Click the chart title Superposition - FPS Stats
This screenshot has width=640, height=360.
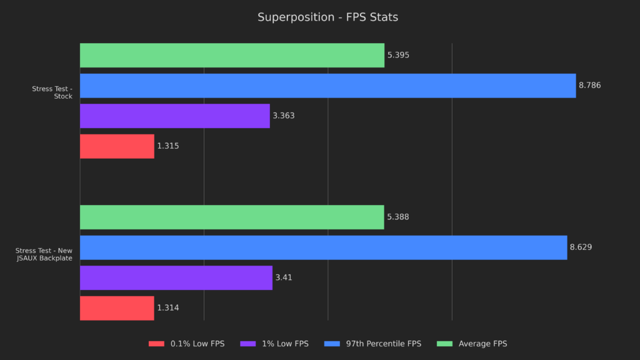[327, 17]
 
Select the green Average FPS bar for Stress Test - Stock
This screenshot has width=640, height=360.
[232, 55]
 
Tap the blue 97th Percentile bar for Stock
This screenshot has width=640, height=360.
[327, 86]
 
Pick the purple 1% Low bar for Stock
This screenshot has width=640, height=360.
[174, 116]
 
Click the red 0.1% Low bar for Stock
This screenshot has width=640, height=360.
[117, 146]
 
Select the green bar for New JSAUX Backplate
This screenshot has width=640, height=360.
[232, 217]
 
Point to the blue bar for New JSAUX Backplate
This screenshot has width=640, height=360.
[323, 247]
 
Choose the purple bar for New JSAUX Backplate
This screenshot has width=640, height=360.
[176, 277]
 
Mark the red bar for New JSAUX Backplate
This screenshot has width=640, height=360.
[117, 308]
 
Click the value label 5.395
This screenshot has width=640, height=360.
[398, 55]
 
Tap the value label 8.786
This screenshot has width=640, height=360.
[589, 86]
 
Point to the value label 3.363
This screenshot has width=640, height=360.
[283, 116]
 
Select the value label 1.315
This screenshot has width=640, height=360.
[168, 146]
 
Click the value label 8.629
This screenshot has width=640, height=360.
[581, 247]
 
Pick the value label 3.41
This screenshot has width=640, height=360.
[283, 277]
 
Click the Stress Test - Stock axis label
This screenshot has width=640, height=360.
[52, 92]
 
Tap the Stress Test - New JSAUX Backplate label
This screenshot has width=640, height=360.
[44, 254]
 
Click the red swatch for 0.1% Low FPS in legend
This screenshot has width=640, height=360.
[156, 344]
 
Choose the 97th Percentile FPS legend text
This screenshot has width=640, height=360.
[384, 344]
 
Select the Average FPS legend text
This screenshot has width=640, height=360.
[482, 344]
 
